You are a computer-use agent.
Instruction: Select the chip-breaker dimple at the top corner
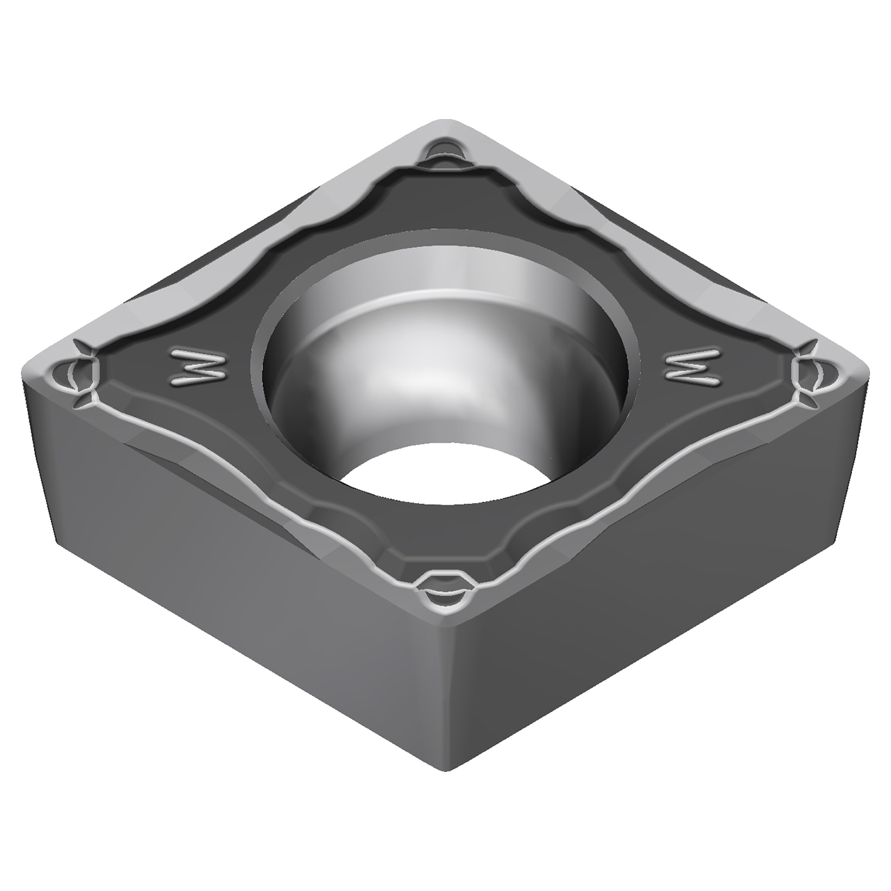click(441, 149)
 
